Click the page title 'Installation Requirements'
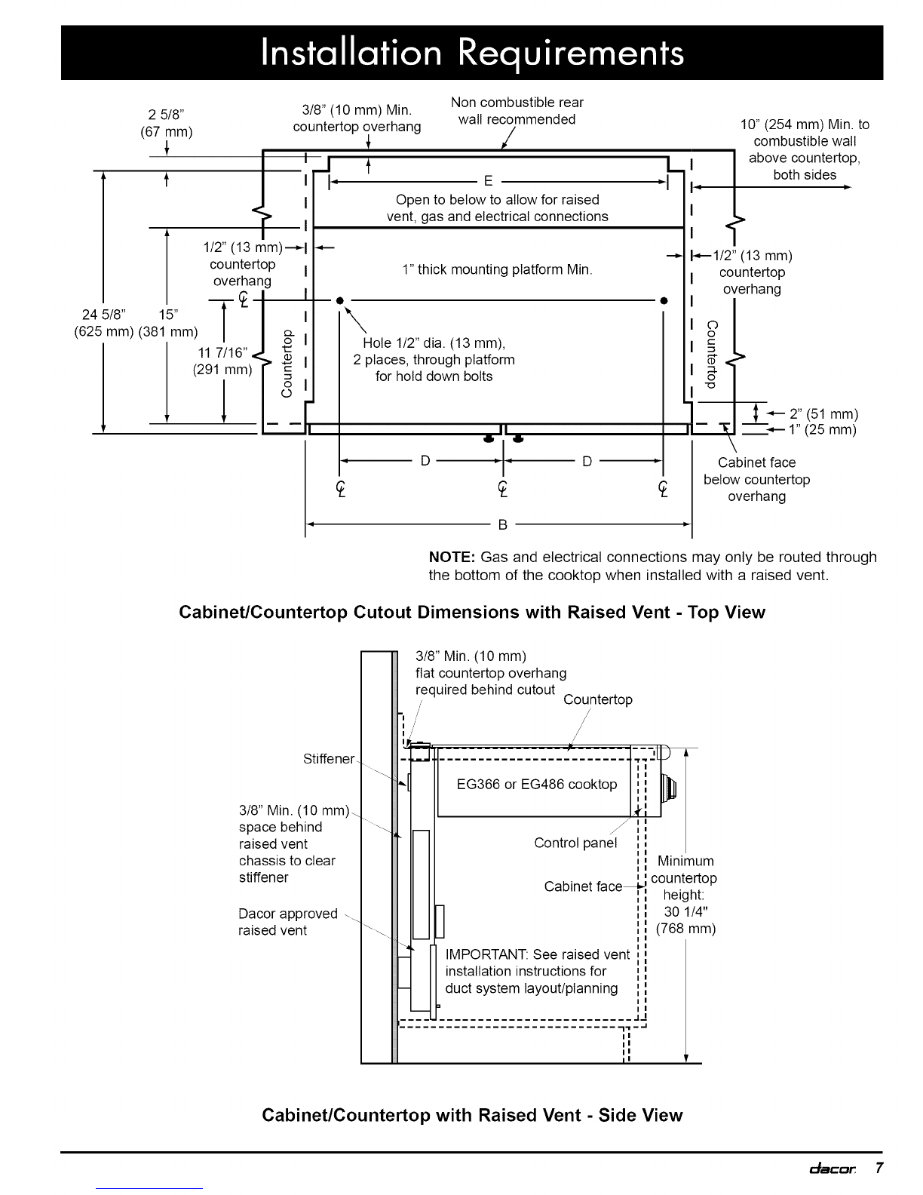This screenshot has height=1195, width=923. coord(472,53)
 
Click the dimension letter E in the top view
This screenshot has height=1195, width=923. coord(488,181)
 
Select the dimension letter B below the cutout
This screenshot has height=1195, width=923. coord(503,525)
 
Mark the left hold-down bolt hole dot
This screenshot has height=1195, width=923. coord(340,300)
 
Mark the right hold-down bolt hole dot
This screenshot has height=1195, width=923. coord(663,300)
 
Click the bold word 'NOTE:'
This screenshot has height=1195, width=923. coord(451,558)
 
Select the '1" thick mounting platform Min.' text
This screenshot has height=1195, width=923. coord(497,269)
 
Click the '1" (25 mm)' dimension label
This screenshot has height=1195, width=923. coord(822,430)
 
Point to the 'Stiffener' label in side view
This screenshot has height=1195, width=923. coord(328,759)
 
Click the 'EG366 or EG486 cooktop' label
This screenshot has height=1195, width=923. coord(537,785)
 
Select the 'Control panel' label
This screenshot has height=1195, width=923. coord(575,843)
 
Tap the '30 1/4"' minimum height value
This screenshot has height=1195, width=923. coord(684,911)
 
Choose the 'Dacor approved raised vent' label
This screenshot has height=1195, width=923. coord(287,922)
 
